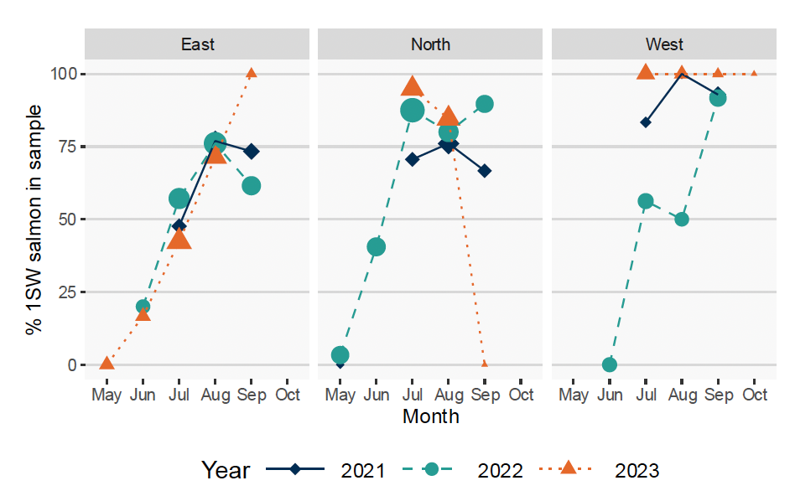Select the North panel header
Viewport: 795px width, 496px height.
point(430,44)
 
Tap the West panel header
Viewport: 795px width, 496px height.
point(664,44)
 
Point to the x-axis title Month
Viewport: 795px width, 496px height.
point(430,416)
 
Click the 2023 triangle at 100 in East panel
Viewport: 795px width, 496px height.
point(251,73)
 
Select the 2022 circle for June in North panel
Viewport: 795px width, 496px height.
point(376,246)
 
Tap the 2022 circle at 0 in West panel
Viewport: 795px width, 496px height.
point(610,364)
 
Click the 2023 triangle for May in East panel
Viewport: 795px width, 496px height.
point(107,363)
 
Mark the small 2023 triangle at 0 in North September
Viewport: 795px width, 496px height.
point(485,364)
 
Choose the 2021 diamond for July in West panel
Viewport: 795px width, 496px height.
point(645,122)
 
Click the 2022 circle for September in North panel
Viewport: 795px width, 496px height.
point(485,104)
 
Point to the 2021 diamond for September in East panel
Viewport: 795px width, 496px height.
point(251,151)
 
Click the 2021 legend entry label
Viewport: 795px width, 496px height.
point(362,470)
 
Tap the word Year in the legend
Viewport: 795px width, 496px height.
point(226,470)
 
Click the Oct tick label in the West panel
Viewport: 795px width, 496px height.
point(755,395)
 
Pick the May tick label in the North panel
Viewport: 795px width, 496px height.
point(340,395)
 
